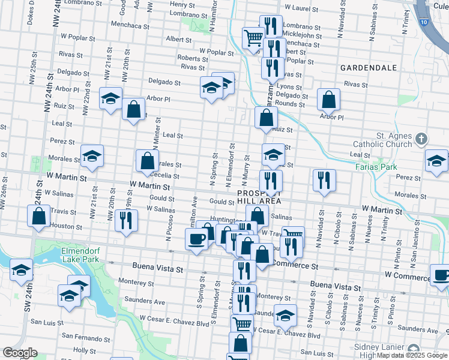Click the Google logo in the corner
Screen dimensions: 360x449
20,353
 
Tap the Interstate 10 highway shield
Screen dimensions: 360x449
424,22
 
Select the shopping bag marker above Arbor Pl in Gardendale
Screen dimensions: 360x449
328,99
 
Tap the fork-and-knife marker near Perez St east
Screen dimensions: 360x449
324,179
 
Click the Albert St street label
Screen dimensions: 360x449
178,40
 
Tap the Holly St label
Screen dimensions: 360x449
83,350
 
